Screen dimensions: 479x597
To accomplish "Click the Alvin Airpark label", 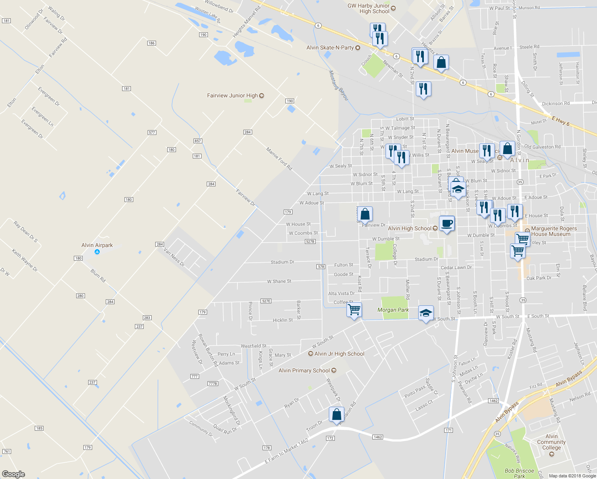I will (97, 245).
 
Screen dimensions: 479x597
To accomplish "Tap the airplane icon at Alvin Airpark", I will (97, 252).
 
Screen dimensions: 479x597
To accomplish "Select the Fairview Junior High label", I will (232, 95).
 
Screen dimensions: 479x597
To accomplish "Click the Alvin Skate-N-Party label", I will (330, 48).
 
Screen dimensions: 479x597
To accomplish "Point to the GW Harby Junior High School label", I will (368, 8).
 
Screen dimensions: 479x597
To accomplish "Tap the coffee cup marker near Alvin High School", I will (447, 224).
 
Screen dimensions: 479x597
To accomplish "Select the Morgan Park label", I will (393, 310).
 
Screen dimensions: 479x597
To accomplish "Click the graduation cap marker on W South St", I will (426, 313).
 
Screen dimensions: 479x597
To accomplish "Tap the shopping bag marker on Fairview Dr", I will (365, 214).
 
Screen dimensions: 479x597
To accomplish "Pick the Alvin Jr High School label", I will (339, 354).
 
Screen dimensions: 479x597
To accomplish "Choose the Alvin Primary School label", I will (304, 370).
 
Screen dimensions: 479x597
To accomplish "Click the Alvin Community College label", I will (552, 442).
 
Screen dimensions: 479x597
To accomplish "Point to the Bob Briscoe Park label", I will (519, 473).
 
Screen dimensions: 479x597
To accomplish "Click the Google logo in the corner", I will (14, 474).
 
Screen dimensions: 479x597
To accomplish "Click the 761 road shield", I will (6, 451).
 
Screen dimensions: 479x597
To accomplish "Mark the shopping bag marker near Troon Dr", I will (336, 415).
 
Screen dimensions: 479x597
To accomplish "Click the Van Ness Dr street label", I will (174, 257).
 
